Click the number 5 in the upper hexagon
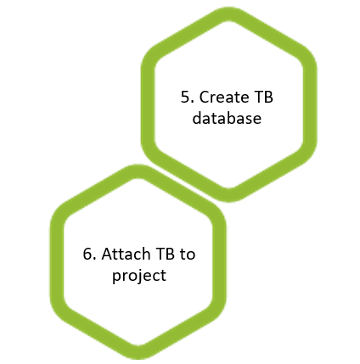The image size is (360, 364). pyautogui.click(x=186, y=97)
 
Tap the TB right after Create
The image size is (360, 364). pyautogui.click(x=264, y=97)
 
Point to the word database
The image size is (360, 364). pyautogui.click(x=227, y=118)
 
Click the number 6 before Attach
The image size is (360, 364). pyautogui.click(x=87, y=254)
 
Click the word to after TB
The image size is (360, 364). pyautogui.click(x=188, y=255)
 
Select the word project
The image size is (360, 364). pyautogui.click(x=139, y=275)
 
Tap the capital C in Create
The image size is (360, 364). pyautogui.click(x=205, y=97)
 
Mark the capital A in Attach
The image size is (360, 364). pyautogui.click(x=107, y=254)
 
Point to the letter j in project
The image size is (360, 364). pyautogui.click(x=137, y=276)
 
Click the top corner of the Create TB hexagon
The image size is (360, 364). pyautogui.click(x=228, y=14)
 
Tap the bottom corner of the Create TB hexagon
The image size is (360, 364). pyautogui.click(x=228, y=195)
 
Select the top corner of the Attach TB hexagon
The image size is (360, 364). pyautogui.click(x=138, y=171)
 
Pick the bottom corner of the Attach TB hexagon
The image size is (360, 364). pyautogui.click(x=138, y=352)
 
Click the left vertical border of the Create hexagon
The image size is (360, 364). pyautogui.click(x=148, y=104)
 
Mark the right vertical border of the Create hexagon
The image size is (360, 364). pyautogui.click(x=310, y=104)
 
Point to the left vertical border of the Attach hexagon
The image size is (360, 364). pyautogui.click(x=57, y=262)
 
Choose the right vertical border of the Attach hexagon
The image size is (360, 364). pyautogui.click(x=219, y=262)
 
